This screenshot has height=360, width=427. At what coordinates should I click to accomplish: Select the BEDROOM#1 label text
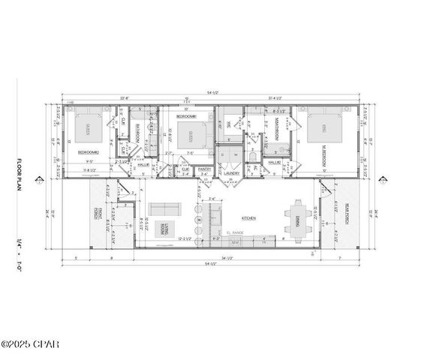coord(185,117)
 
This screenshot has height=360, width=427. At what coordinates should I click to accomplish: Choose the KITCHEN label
coord(248,218)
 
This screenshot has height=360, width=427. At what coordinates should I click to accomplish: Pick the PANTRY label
coord(204,169)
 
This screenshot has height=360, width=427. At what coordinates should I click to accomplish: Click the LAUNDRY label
coord(231,173)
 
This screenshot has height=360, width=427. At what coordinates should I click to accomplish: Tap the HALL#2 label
coord(274,162)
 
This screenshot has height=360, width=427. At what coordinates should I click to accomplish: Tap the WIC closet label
coord(228,124)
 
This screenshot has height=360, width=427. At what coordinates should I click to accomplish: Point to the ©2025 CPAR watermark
coord(29,344)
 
